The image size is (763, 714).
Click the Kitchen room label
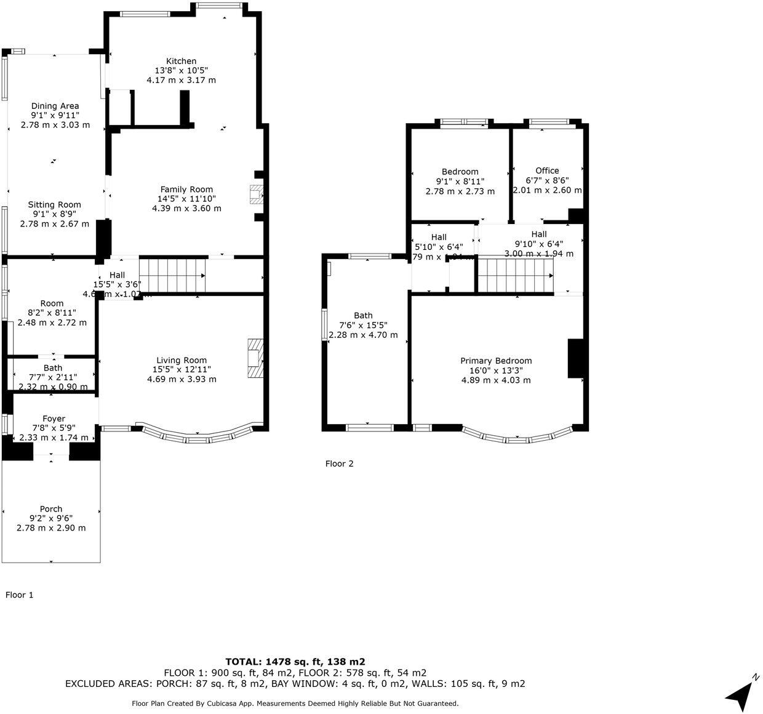pos(181,61)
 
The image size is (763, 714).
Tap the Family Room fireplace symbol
pos(255,195)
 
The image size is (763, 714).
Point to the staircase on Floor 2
pos(515,275)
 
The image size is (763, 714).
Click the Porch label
pos(51,509)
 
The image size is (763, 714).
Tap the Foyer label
pos(54,419)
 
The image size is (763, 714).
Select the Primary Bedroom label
pos(496,361)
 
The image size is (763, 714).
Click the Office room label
pos(547,170)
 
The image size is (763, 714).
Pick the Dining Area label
pos(55,106)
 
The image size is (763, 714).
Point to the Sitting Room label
pos(54,204)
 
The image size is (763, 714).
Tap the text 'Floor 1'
pos(20,595)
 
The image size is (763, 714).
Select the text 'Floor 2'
pos(339,463)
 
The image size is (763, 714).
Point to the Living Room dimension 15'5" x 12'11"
pos(182,370)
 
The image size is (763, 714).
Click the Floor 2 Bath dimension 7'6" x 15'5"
pos(363,326)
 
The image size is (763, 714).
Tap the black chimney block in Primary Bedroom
pos(575,358)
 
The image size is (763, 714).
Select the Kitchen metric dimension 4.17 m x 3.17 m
pos(181,80)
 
